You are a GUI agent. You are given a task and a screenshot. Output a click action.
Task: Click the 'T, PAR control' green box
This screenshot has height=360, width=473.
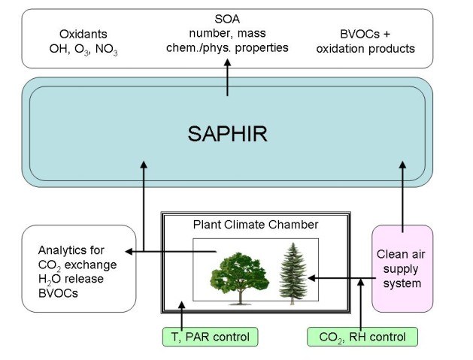[x=210, y=337]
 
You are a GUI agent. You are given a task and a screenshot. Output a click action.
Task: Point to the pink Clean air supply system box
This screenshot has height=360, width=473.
[x=402, y=268]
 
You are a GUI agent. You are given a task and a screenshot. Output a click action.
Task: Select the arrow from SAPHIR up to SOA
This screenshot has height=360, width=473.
[x=227, y=79]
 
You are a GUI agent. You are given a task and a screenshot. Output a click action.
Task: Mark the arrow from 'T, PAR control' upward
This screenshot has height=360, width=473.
[x=181, y=314]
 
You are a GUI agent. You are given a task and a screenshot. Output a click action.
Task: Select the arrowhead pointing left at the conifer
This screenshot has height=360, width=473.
[x=311, y=279]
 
